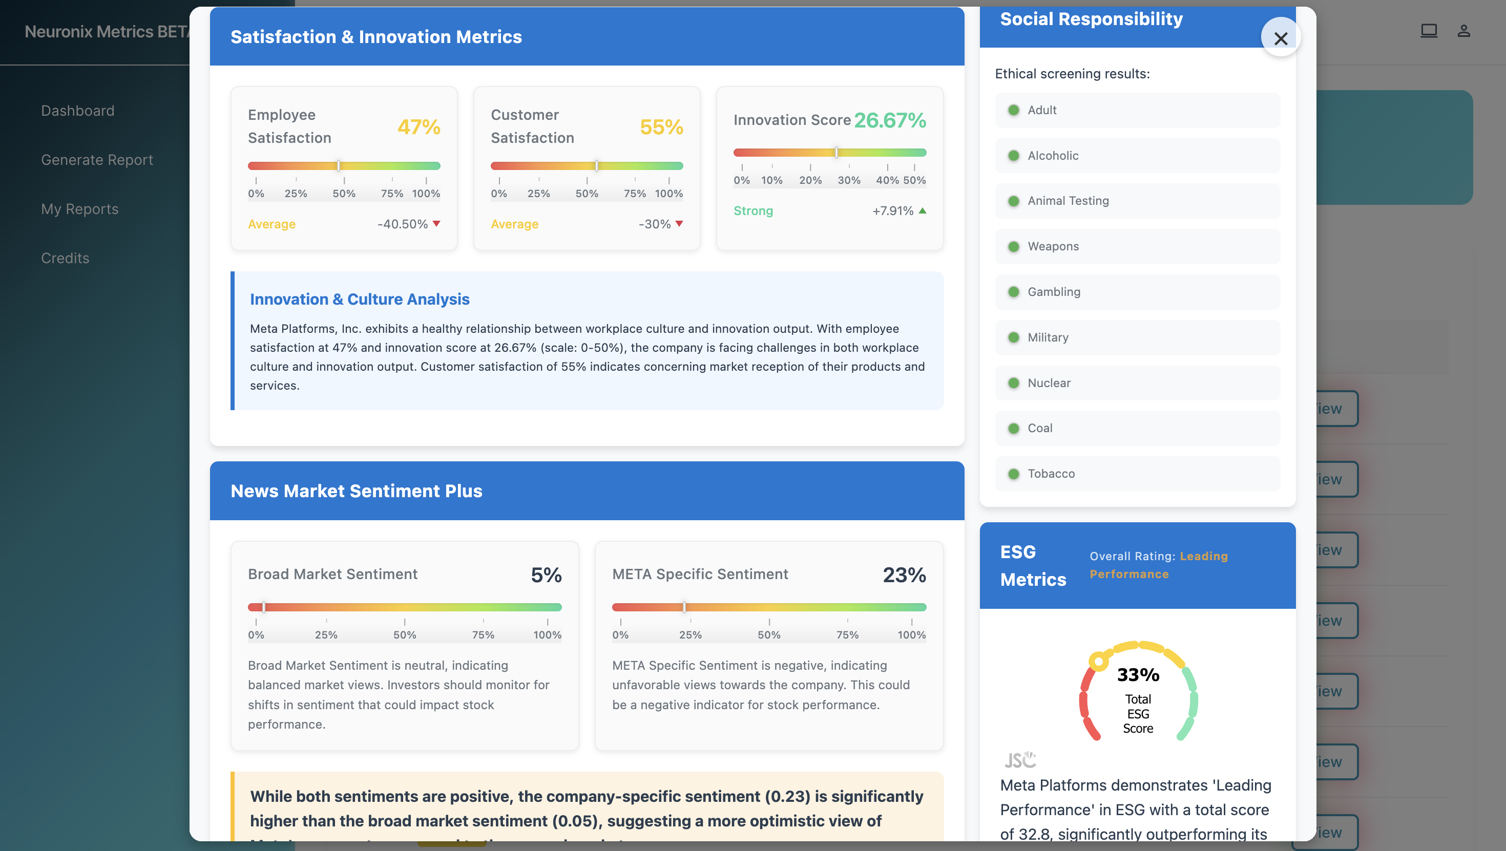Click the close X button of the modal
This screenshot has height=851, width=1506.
1280,38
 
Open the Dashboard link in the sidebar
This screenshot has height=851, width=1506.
78,111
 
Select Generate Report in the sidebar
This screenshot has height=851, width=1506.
97,160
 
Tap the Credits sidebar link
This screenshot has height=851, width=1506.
65,258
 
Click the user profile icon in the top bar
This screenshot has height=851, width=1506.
1463,31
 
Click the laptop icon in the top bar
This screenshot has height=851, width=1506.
1429,30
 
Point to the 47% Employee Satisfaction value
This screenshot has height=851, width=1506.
419,126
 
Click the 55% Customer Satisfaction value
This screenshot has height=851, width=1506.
661,126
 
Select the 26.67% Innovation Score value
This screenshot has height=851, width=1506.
890,120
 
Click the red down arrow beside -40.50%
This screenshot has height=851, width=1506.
436,223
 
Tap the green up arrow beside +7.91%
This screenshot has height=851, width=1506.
923,210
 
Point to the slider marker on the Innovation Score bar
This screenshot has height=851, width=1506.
836,153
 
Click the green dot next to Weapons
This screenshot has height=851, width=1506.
1014,247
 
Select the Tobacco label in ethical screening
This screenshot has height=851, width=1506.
1051,474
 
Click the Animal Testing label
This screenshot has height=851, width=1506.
1068,201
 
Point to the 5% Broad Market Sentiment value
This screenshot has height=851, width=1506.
546,575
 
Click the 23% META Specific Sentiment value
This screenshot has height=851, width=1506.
904,575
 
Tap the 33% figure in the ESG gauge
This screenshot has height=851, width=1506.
1138,674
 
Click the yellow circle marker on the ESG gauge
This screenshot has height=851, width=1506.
1099,662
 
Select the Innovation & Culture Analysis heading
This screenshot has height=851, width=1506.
360,299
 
